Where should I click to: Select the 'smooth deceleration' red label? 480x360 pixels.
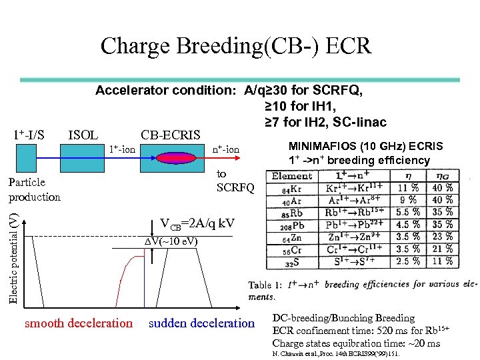coord(79,323)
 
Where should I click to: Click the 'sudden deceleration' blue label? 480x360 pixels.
coord(201,323)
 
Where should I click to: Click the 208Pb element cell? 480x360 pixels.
coord(291,225)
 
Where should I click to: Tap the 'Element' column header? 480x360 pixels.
coord(292,176)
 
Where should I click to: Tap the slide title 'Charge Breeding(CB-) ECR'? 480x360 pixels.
coord(235,46)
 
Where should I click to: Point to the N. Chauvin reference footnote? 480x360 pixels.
coord(337,354)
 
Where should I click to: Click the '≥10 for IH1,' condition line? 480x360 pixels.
coord(301,105)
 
